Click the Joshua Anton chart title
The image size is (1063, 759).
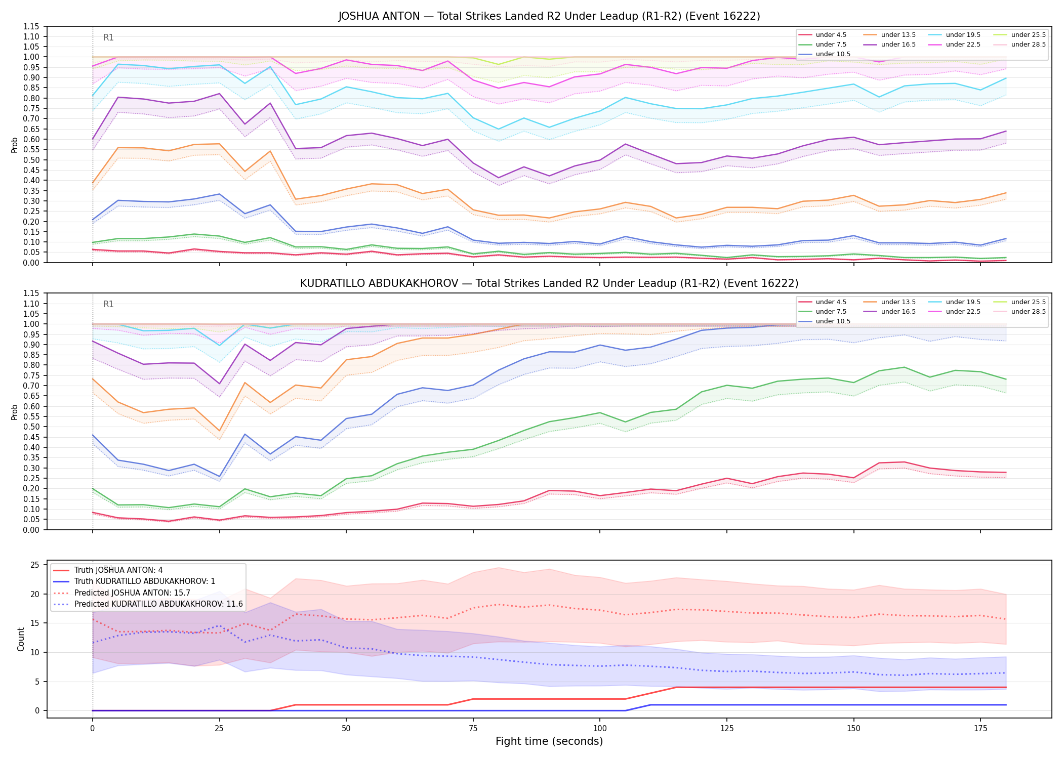(x=549, y=16)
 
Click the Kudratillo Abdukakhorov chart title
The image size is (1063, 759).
(x=549, y=283)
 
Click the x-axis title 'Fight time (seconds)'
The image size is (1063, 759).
(x=549, y=741)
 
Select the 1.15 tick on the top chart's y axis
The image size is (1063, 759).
(x=31, y=26)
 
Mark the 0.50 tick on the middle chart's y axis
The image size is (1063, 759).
(x=31, y=427)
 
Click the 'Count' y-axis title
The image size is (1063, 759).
(x=21, y=639)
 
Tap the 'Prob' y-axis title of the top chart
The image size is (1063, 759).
(x=15, y=145)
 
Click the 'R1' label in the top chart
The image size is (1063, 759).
(x=108, y=37)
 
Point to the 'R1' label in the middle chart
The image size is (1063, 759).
(x=108, y=304)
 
